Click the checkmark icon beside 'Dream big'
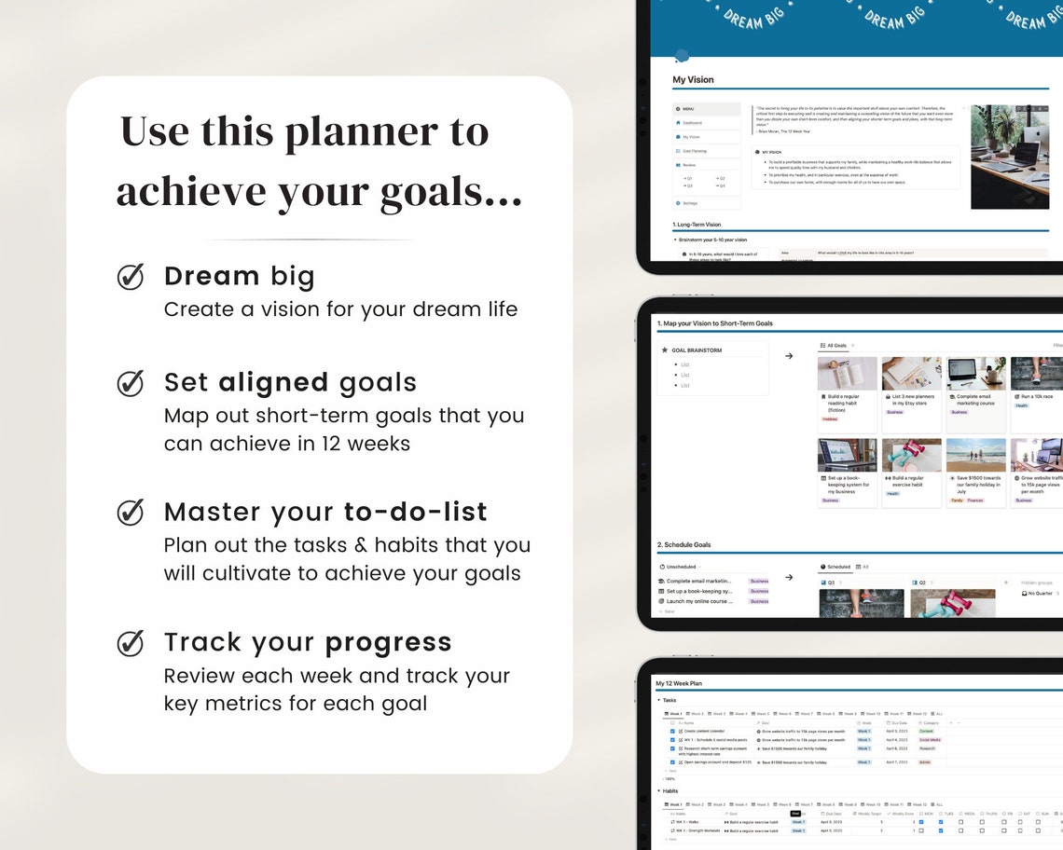coord(131,277)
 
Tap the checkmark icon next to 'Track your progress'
coord(131,643)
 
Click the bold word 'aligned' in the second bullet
coord(273,382)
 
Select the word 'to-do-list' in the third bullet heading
coord(415,512)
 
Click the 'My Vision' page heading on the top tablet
coord(693,80)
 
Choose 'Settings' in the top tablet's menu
coord(690,202)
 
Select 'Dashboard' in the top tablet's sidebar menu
coord(692,123)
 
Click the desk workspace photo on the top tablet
coord(1009,156)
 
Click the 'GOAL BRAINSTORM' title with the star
coord(697,350)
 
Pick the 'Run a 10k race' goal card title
coord(1037,396)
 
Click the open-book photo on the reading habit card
coord(847,373)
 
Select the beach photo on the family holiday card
coord(975,455)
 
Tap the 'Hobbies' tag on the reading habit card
coord(829,419)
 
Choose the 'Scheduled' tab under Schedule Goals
coord(838,567)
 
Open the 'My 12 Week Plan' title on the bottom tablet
coord(679,683)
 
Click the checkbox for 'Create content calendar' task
coord(672,731)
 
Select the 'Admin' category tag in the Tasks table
coord(924,761)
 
